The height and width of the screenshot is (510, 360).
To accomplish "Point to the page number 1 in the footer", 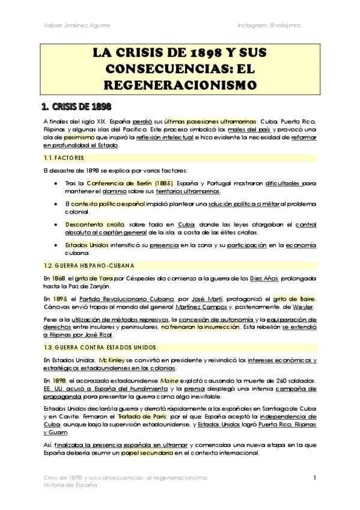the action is click(315, 478).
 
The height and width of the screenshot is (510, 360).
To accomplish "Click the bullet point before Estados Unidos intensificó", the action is click(56, 245).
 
